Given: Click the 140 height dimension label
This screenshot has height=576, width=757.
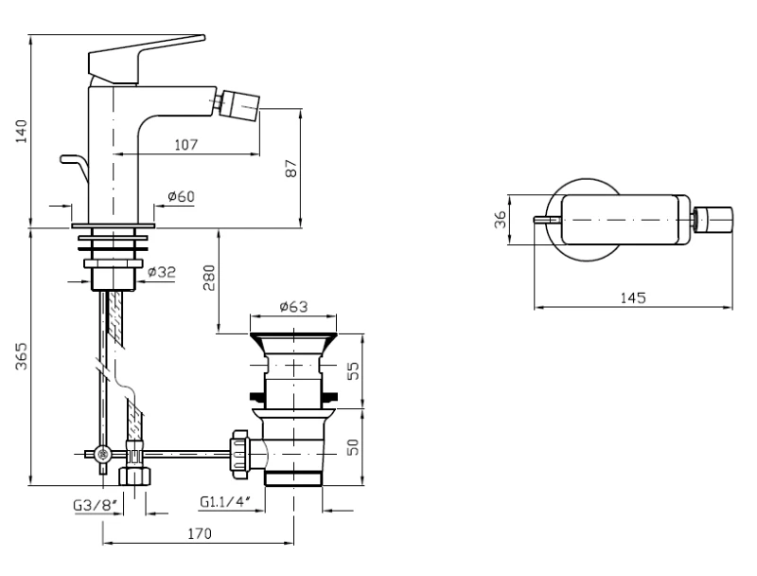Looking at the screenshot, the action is (x=21, y=132).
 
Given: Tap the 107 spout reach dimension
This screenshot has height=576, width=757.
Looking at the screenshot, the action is (x=185, y=145).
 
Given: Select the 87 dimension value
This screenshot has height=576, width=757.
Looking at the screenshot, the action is (x=291, y=169).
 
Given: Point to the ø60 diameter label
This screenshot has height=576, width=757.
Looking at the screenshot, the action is (x=181, y=196).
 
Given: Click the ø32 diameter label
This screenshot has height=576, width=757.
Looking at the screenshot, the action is (x=162, y=272).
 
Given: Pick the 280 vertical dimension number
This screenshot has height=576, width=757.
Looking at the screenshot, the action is (x=209, y=278).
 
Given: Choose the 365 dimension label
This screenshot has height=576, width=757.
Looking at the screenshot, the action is (x=21, y=356).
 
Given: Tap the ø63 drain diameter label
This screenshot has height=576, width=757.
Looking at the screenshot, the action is (x=293, y=306).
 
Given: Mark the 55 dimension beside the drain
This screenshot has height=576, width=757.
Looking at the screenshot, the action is (x=354, y=370).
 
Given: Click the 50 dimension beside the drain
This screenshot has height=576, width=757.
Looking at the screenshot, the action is (x=354, y=446).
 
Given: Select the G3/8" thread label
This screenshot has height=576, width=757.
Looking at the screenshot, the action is (x=96, y=506).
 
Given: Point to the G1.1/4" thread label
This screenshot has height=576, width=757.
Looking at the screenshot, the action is (x=225, y=502).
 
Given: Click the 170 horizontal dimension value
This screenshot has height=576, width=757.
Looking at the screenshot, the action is (x=200, y=533).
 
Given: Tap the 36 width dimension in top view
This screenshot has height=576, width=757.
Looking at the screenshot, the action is (x=501, y=220).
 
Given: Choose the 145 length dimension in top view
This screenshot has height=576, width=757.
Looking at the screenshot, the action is (x=632, y=297).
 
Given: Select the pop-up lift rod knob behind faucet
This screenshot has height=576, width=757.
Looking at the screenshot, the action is (x=75, y=167).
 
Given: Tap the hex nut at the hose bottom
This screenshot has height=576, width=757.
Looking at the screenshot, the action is (x=134, y=476).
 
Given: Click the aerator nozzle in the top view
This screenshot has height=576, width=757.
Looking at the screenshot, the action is (x=713, y=220).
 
